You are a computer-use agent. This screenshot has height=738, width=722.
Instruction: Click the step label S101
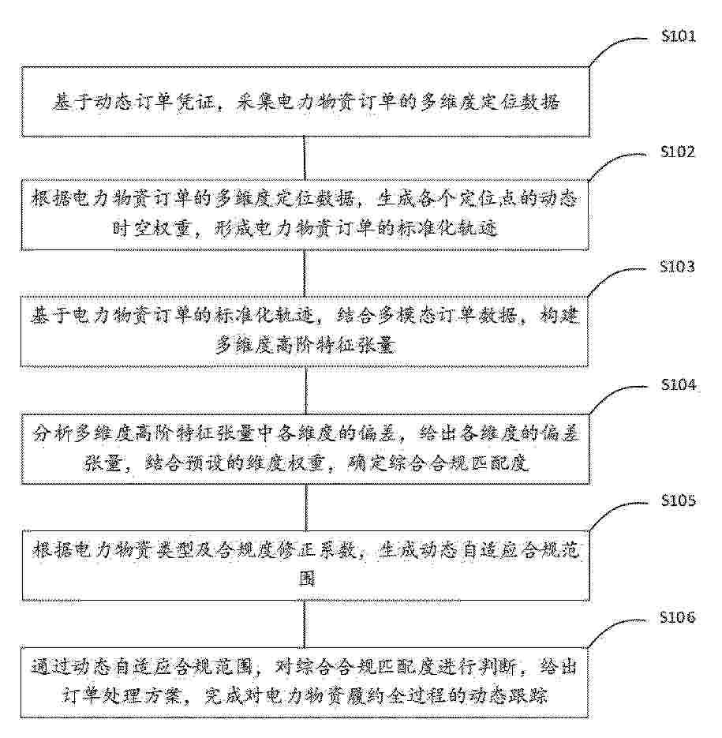click(x=679, y=36)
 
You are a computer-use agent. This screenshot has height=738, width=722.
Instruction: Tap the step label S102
click(x=678, y=152)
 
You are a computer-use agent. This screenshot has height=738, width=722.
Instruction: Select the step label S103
click(x=677, y=267)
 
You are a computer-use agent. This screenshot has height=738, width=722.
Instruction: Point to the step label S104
click(x=679, y=385)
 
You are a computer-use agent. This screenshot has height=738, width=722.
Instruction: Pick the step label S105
click(x=679, y=500)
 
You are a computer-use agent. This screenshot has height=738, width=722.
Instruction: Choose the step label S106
click(x=677, y=617)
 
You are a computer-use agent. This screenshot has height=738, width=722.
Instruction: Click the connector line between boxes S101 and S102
click(x=304, y=158)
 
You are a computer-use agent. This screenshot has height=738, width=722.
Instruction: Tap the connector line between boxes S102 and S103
click(x=305, y=273)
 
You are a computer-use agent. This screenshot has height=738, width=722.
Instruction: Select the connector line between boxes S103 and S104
click(x=305, y=391)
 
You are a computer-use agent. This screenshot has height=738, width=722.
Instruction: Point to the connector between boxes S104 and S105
click(x=306, y=508)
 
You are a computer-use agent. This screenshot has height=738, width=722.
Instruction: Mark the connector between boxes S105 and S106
click(x=305, y=624)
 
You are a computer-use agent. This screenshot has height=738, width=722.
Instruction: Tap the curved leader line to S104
click(x=612, y=395)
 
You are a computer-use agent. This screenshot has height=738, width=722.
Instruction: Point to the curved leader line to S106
click(x=612, y=628)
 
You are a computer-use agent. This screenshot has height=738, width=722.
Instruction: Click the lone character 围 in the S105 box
click(x=307, y=579)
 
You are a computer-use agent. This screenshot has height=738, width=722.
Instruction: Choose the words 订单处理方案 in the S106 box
click(x=122, y=695)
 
